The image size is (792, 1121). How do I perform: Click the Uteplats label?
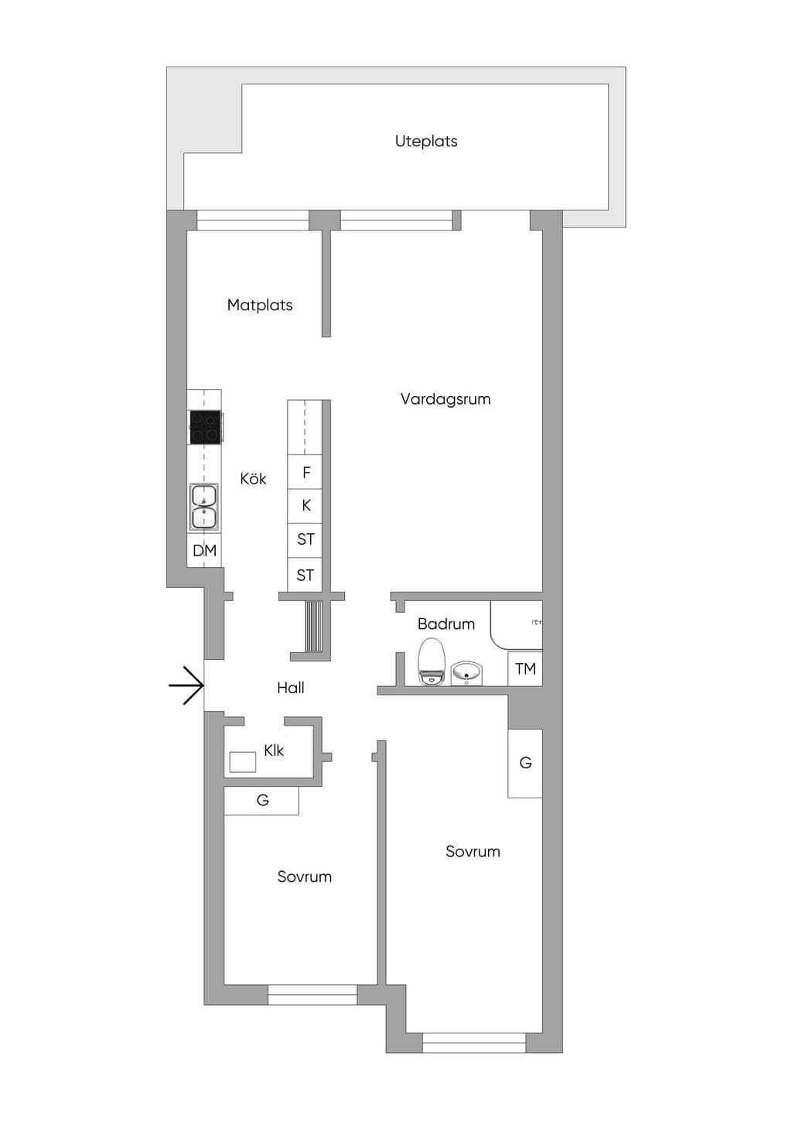pyautogui.click(x=425, y=141)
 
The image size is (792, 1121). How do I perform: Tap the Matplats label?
pyautogui.click(x=260, y=305)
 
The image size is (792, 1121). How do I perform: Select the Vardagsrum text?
pyautogui.click(x=445, y=399)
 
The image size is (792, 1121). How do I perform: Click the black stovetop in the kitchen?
pyautogui.click(x=205, y=427)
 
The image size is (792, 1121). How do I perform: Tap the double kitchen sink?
pyautogui.click(x=203, y=507)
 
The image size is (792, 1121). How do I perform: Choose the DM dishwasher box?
pyautogui.click(x=204, y=550)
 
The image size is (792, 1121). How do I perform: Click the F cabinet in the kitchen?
pyautogui.click(x=305, y=472)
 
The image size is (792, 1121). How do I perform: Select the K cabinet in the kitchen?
pyautogui.click(x=305, y=506)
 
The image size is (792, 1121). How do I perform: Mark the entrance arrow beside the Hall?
pyautogui.click(x=186, y=685)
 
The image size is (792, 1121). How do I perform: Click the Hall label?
pyautogui.click(x=291, y=688)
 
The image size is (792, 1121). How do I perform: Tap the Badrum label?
pyautogui.click(x=445, y=624)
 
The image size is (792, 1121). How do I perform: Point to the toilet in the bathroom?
pyautogui.click(x=432, y=661)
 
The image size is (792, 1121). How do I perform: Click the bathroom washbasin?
pyautogui.click(x=466, y=673)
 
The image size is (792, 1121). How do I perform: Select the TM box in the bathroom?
pyautogui.click(x=525, y=668)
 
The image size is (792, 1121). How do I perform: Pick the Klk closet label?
pyautogui.click(x=274, y=750)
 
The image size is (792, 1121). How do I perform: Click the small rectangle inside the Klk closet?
pyautogui.click(x=243, y=762)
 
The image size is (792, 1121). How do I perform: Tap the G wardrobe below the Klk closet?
pyautogui.click(x=261, y=800)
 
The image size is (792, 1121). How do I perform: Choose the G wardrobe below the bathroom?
pyautogui.click(x=525, y=763)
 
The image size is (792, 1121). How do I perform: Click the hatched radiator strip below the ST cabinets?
pyautogui.click(x=314, y=626)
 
